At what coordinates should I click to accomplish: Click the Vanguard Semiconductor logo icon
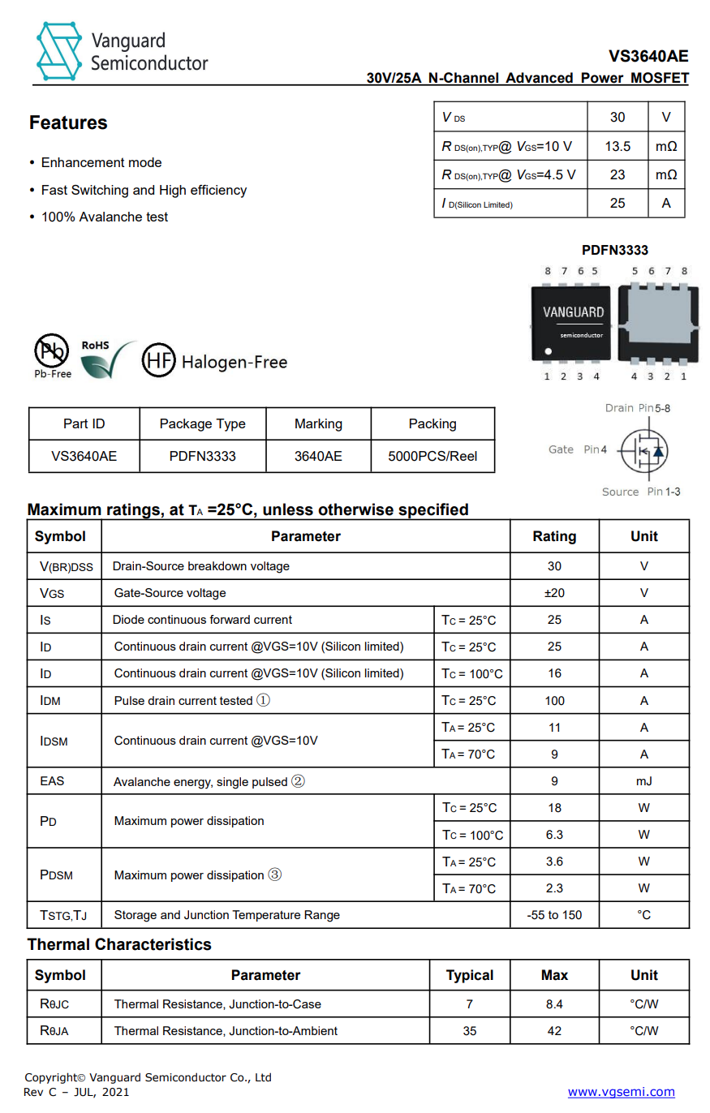(58, 51)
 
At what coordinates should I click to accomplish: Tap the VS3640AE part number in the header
(648, 56)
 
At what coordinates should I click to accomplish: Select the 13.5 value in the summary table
(617, 147)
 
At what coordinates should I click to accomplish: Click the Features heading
(68, 122)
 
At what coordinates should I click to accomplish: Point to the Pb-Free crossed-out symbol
(51, 351)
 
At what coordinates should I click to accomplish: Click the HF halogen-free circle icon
(158, 361)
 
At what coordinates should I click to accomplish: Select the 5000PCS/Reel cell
(432, 456)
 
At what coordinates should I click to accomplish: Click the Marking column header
(318, 423)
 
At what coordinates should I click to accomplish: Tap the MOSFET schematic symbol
(644, 450)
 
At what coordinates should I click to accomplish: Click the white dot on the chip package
(548, 351)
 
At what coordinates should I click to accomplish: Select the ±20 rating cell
(554, 593)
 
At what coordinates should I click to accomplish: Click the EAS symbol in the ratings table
(52, 781)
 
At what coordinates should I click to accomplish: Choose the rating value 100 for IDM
(554, 701)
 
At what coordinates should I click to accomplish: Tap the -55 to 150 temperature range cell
(554, 915)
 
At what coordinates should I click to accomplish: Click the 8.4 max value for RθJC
(554, 1004)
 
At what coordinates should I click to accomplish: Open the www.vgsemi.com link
(621, 1092)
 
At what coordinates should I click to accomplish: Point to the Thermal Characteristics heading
(119, 944)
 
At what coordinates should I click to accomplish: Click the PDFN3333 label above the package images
(614, 250)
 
